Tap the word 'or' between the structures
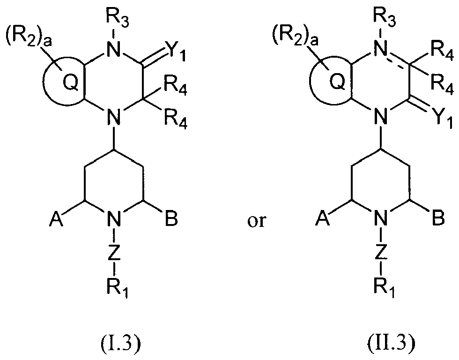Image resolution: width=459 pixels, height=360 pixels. [x=257, y=221]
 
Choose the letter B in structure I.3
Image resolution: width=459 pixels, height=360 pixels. [x=171, y=218]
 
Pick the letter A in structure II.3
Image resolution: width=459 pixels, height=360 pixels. [x=323, y=218]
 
